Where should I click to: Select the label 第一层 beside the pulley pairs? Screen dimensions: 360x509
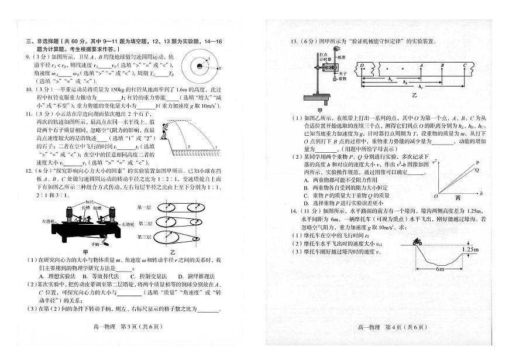(143, 207)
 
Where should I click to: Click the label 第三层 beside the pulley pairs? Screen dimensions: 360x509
(143, 236)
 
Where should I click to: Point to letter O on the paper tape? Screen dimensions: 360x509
(362, 66)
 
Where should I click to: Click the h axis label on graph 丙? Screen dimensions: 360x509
(480, 193)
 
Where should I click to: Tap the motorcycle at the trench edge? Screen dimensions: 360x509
(418, 241)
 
